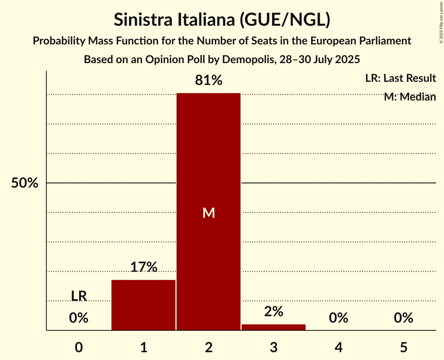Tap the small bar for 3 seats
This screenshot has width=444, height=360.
pos(274,327)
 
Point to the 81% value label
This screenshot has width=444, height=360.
pos(209,81)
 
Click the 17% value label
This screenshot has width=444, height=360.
pos(143,267)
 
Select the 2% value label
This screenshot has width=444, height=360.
pos(274,312)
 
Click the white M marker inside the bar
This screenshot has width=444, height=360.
pos(209,213)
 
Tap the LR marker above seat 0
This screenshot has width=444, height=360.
pos(79,296)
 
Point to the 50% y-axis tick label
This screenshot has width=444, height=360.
pos(25,183)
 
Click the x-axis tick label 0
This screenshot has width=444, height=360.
pos(79,347)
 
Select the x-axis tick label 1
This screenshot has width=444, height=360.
pos(143,347)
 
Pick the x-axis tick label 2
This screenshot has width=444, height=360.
pos(209,347)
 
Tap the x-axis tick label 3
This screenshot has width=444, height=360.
pos(274,347)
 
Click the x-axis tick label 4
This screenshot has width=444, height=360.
pos(338,347)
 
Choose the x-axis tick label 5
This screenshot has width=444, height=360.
pos(403,347)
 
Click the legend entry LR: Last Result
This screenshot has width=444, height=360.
pos(400,78)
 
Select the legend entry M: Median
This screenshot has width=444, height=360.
pos(410,97)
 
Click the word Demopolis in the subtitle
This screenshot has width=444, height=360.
pos(244,60)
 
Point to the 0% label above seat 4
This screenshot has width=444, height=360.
pos(338,318)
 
